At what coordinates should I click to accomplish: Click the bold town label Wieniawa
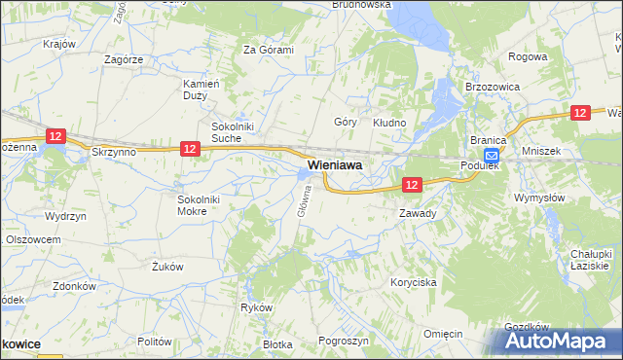[x=335, y=166]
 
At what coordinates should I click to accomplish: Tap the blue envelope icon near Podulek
[x=492, y=156]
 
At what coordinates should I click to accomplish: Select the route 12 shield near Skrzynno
[x=55, y=137]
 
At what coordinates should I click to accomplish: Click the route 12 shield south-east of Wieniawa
[x=412, y=184]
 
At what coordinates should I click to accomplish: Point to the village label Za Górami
[x=268, y=50]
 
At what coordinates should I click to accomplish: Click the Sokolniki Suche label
[x=234, y=132]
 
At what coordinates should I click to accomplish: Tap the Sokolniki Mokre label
[x=204, y=204]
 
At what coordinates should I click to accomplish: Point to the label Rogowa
[x=528, y=56]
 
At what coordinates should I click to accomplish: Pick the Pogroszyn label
[x=343, y=342]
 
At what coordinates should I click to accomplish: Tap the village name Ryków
[x=256, y=307]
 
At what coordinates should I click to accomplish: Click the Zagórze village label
[x=124, y=59]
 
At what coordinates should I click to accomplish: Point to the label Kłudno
[x=389, y=123]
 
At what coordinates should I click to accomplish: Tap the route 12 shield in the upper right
[x=580, y=113]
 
